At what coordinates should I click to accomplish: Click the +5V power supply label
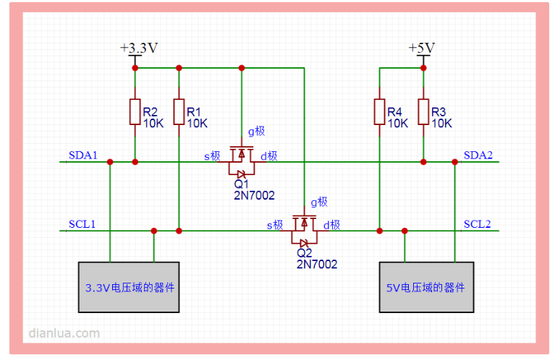[x=421, y=48]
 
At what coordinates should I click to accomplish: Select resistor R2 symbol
[x=135, y=112]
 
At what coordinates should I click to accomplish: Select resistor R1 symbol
[x=178, y=112]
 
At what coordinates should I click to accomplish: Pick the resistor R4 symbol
[x=379, y=112]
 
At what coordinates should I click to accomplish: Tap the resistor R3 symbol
[x=423, y=112]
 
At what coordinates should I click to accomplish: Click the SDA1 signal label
[x=82, y=155]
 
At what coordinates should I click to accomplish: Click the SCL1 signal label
[x=82, y=224]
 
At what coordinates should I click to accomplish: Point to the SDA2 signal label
[x=478, y=155]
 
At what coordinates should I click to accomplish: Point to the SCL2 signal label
[x=478, y=224]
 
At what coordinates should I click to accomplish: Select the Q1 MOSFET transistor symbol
[x=241, y=161]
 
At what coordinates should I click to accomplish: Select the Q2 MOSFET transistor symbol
[x=304, y=229]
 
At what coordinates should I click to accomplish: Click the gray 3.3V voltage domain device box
[x=129, y=287]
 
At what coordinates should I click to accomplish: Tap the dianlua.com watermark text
[x=64, y=333]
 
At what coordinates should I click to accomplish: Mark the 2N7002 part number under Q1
[x=254, y=195]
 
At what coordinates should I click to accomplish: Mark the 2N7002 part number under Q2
[x=317, y=264]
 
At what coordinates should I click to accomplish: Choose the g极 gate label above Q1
[x=257, y=131]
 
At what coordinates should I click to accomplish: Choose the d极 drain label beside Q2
[x=332, y=225]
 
